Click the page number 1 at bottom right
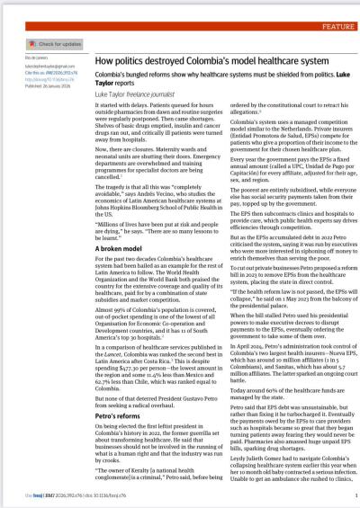(355, 493)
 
